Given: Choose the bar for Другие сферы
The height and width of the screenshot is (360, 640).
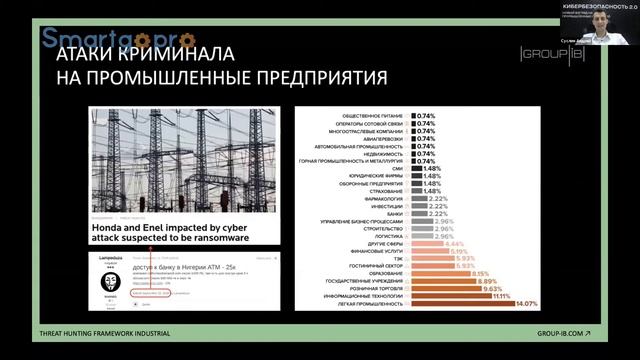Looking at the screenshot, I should (x=415, y=243).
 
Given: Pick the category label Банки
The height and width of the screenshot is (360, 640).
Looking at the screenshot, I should (x=395, y=213).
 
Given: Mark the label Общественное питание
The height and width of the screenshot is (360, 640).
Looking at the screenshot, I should (x=366, y=116).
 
